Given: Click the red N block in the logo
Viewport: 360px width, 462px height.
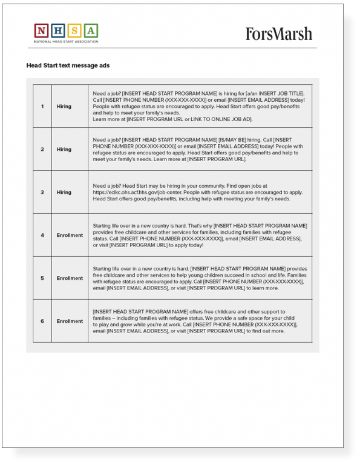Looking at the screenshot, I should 41,30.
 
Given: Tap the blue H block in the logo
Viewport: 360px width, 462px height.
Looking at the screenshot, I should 57,30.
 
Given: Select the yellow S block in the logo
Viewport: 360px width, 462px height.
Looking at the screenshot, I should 74,30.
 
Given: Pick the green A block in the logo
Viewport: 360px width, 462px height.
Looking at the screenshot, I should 90,30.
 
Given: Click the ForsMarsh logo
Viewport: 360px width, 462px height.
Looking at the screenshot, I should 278,33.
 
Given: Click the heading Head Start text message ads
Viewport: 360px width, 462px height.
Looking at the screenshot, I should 68,65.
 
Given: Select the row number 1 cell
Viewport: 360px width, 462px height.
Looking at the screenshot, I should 42,106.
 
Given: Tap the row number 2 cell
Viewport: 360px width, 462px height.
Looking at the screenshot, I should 42,149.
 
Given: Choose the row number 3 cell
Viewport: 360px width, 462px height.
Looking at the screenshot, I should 42,192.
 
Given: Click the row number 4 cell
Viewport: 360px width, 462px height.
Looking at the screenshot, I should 42,235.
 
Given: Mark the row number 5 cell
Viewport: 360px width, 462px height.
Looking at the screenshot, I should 42,278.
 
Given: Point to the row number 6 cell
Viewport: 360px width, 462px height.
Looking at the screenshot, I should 42,321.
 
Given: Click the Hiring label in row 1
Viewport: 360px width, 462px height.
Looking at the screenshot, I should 64,106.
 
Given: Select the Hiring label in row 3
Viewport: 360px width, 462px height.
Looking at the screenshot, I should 64,192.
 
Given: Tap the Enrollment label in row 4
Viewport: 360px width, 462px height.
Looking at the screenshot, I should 70,235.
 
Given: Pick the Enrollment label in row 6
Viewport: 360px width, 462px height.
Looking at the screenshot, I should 70,321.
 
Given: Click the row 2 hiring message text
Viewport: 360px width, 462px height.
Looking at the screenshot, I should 199,149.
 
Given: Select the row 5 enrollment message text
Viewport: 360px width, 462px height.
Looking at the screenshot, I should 199,278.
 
